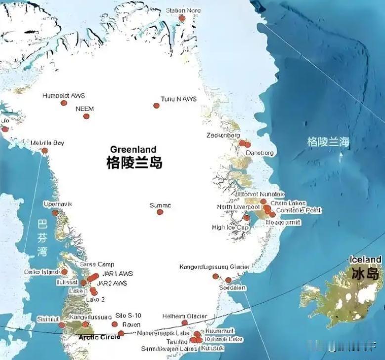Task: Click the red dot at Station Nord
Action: (182, 18)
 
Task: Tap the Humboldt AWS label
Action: (64, 95)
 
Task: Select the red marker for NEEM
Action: (86, 117)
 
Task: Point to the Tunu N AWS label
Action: (178, 99)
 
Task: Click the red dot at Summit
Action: (160, 212)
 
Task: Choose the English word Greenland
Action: (133, 149)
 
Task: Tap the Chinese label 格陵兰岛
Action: (134, 163)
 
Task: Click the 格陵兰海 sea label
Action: (328, 142)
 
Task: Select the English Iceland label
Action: (365, 259)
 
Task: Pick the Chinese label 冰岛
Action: (365, 273)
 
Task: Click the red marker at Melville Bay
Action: (45, 151)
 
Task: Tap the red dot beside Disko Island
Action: (64, 272)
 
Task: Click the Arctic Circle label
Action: (99, 337)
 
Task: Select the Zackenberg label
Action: (223, 135)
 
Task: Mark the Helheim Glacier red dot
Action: (185, 322)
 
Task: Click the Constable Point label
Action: (299, 210)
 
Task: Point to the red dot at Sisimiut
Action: (62, 325)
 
